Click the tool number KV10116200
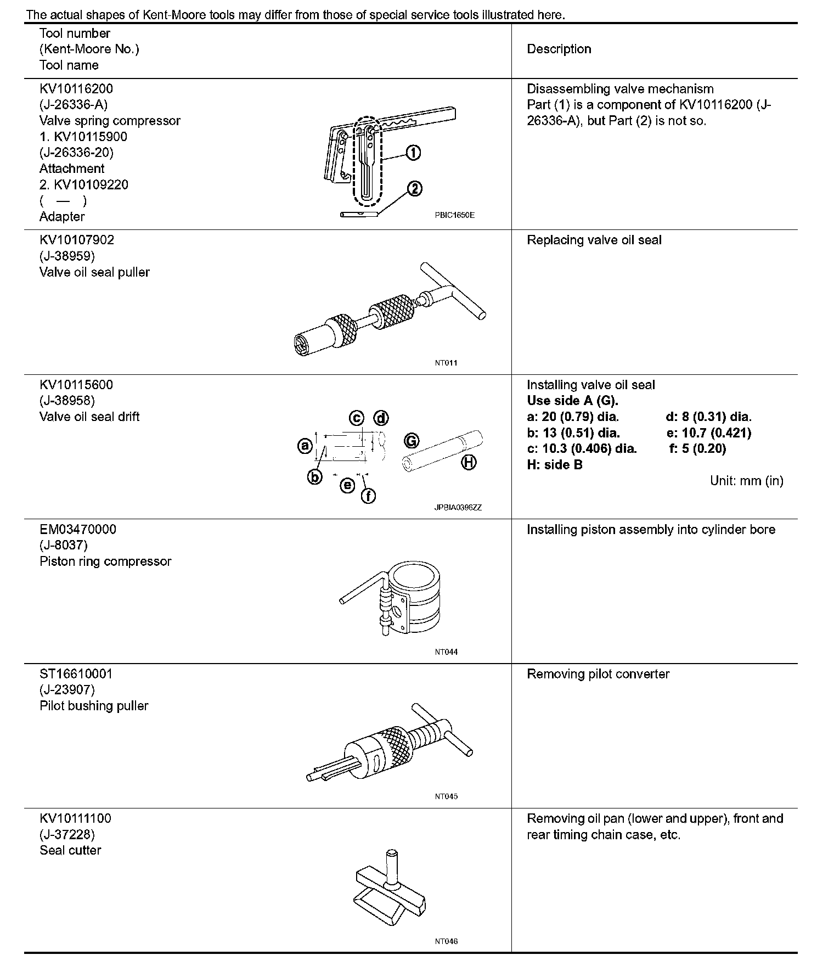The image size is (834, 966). pyautogui.click(x=76, y=89)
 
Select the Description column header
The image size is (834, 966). pyautogui.click(x=559, y=49)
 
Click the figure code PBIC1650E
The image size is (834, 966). pyautogui.click(x=454, y=215)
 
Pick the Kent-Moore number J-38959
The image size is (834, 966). pyautogui.click(x=67, y=256)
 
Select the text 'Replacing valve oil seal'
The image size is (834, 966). pyautogui.click(x=594, y=240)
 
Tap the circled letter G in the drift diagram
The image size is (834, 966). pyautogui.click(x=412, y=440)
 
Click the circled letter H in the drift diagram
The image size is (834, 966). pyautogui.click(x=468, y=463)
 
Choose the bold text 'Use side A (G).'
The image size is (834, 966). pyautogui.click(x=572, y=401)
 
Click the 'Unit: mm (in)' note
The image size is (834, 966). pyautogui.click(x=746, y=481)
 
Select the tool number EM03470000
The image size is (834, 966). pyautogui.click(x=78, y=530)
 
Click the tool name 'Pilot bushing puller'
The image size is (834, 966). pyautogui.click(x=94, y=706)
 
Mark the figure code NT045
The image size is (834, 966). pyautogui.click(x=446, y=796)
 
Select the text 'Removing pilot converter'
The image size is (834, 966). pyautogui.click(x=598, y=674)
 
